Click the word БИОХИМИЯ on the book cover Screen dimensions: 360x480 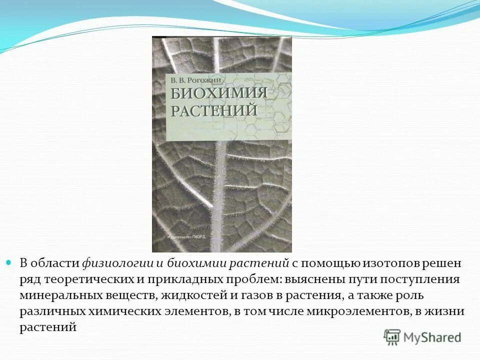tap(219, 94)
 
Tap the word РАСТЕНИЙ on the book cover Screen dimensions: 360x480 tap(214, 110)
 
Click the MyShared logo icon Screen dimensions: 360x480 tap(392, 337)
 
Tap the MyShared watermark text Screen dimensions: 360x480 tap(432, 337)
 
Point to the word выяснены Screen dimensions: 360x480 tap(312, 279)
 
